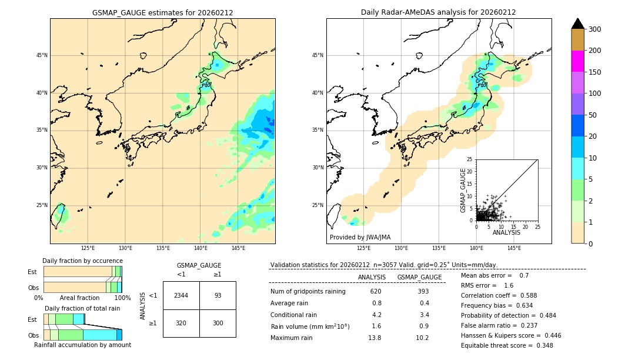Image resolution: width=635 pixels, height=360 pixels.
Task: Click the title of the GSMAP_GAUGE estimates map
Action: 162,12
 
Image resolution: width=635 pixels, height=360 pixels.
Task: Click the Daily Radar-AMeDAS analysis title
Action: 439,12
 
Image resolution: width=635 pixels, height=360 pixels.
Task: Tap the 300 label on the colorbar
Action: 595,29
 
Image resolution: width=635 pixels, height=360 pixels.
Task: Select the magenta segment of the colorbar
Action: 578,61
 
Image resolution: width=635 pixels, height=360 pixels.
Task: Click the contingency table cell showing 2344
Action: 181,295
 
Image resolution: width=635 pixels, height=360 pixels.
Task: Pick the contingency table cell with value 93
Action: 218,295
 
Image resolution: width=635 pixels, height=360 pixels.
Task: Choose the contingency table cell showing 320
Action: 181,323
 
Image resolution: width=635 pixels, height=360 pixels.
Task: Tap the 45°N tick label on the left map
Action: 42,55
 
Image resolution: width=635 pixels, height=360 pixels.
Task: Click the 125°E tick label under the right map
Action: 364,248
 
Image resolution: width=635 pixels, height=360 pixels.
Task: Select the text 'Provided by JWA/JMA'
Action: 360,238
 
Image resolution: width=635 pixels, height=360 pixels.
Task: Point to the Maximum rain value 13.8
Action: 375,338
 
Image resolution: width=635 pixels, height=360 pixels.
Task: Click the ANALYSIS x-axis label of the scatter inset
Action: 506,232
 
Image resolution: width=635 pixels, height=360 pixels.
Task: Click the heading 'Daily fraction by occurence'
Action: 82,261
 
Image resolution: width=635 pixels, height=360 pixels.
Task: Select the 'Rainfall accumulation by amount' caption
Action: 82,345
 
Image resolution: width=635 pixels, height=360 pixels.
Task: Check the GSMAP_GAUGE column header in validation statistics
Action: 419,277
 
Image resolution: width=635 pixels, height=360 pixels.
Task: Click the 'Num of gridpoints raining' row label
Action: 308,292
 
